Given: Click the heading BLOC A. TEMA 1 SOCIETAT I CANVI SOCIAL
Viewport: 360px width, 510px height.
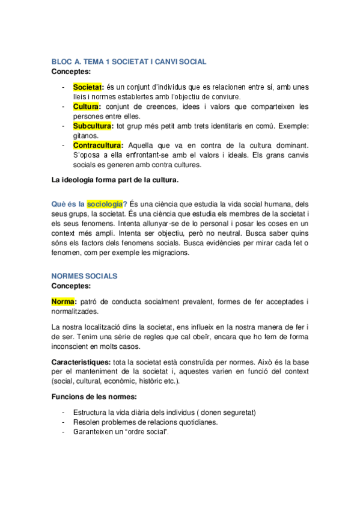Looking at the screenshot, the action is coord(129,61).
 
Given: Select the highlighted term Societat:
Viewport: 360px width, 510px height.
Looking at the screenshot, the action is coord(88,88).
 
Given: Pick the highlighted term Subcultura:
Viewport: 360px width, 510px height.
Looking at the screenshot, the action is coord(93,126).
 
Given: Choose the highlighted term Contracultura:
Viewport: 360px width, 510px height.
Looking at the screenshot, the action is coord(97,146).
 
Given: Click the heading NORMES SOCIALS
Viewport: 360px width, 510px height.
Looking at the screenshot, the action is coord(84,276).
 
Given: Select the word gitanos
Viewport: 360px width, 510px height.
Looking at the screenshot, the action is coord(86,136).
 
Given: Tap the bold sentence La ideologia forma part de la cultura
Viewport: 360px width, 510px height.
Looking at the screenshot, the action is coord(115,180).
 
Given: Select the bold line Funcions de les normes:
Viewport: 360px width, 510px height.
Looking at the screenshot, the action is coord(93,397).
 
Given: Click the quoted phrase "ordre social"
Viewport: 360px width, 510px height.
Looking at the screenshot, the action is coord(146,431).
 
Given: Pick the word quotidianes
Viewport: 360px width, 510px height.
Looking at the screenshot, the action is coord(195,422).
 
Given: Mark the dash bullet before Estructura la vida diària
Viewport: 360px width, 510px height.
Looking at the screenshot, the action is coord(64,412).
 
